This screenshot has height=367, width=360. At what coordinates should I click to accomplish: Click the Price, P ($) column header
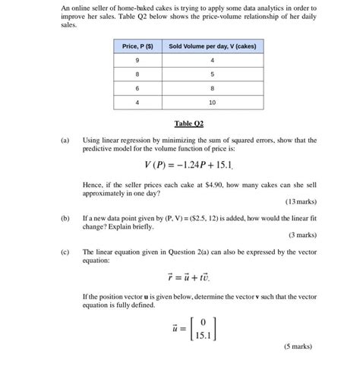click(137, 46)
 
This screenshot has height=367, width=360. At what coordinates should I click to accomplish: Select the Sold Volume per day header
click(212, 46)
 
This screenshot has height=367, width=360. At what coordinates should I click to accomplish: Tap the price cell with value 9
click(137, 60)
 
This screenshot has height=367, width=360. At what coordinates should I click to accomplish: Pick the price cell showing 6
click(137, 87)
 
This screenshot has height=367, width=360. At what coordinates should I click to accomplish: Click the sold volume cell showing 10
click(212, 101)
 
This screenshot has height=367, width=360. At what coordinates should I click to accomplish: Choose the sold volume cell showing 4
click(212, 60)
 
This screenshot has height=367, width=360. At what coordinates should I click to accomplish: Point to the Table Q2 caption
click(189, 123)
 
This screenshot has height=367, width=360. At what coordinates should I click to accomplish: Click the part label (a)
click(65, 140)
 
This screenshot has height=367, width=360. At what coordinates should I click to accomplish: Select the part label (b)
click(65, 217)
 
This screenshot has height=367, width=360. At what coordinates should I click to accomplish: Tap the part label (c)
click(65, 252)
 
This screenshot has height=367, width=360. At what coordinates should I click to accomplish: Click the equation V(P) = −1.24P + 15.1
click(188, 165)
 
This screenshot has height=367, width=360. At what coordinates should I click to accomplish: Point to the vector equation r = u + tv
click(188, 277)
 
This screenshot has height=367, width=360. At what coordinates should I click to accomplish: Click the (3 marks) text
click(302, 236)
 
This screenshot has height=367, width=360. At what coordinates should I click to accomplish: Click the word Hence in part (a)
click(93, 185)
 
